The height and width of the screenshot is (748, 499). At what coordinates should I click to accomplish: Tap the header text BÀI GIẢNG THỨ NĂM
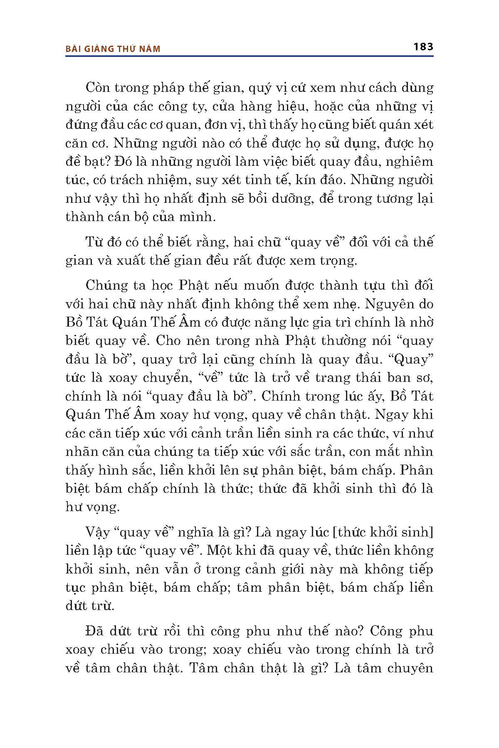[113, 49]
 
